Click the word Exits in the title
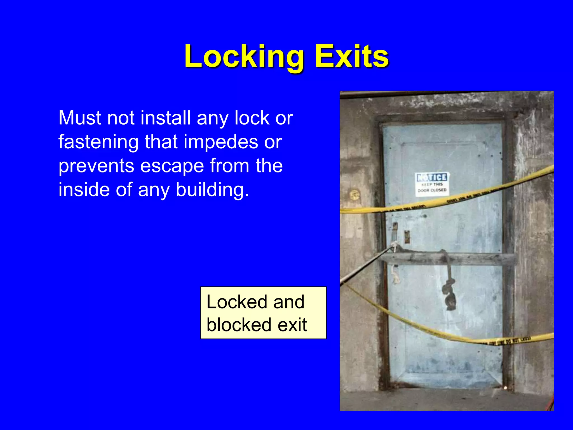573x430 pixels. (x=352, y=57)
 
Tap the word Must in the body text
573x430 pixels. (x=80, y=118)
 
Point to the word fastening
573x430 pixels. (x=98, y=142)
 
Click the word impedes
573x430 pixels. (x=221, y=142)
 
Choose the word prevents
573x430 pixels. (x=96, y=166)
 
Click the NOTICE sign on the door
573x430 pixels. (x=432, y=184)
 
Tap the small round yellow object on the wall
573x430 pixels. (x=354, y=194)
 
